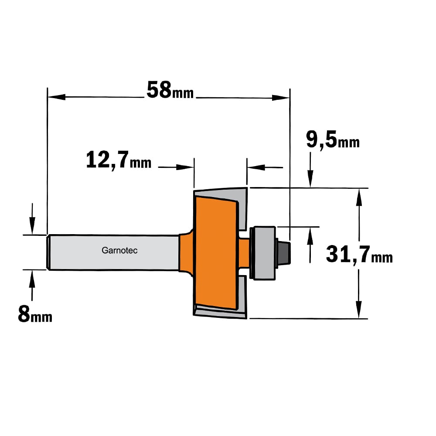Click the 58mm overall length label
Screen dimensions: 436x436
(x=170, y=90)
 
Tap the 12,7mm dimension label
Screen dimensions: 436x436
(x=119, y=160)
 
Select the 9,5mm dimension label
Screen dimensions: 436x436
(x=333, y=140)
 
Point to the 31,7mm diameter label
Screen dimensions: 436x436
(x=359, y=254)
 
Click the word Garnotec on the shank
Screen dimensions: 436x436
(x=119, y=251)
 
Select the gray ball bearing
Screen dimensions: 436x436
(x=263, y=253)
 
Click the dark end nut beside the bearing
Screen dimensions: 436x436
(x=284, y=252)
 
